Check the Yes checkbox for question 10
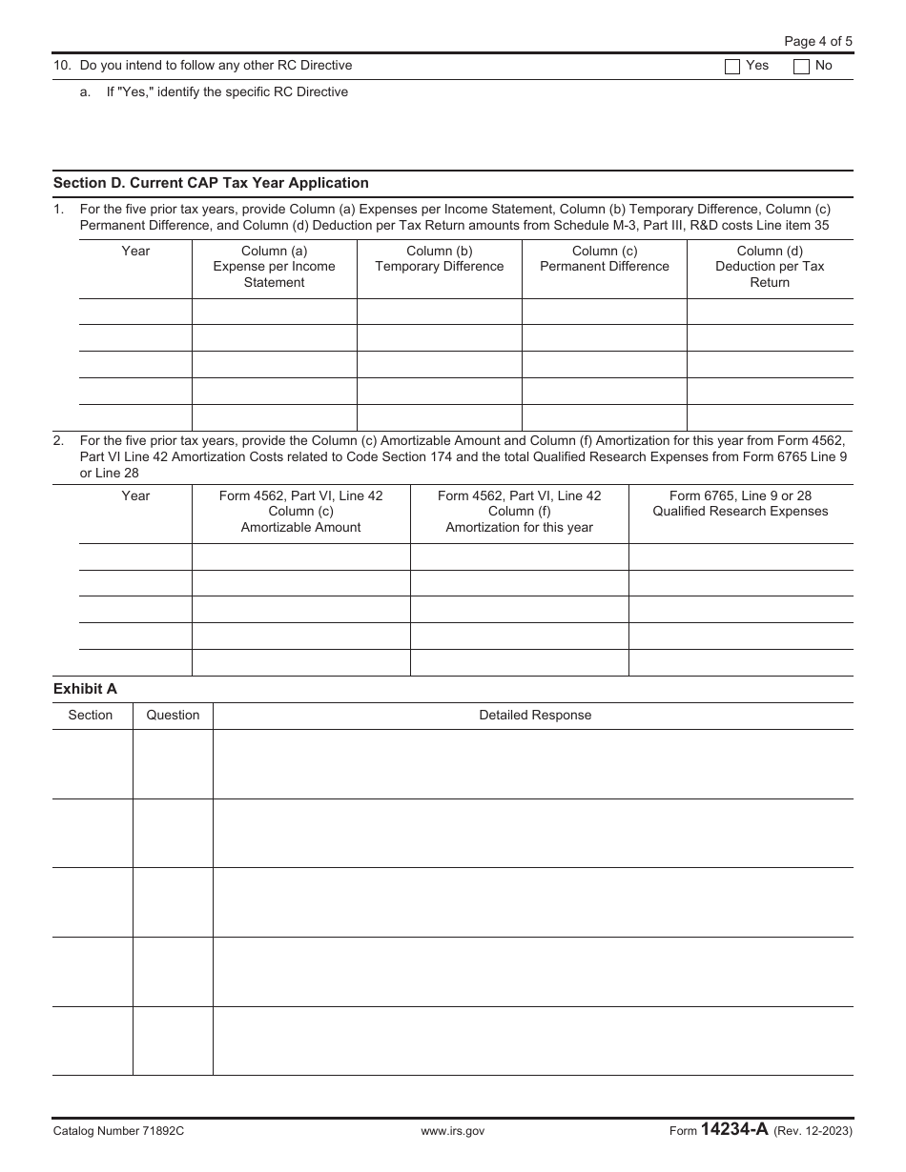click(732, 67)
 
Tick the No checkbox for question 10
click(801, 67)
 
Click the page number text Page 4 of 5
click(817, 41)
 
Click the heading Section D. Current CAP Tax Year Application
click(211, 183)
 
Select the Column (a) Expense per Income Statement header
click(274, 267)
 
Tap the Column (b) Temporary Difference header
click(439, 259)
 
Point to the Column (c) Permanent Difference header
click(605, 259)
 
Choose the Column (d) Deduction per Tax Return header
click(770, 267)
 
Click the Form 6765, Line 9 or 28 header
click(740, 503)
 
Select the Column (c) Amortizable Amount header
click(300, 512)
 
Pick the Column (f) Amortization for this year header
click(519, 512)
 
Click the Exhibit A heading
click(85, 689)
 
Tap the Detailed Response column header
click(534, 716)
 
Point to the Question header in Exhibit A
click(173, 716)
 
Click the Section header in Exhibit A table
click(91, 716)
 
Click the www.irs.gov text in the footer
click(453, 1131)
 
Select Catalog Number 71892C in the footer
click(118, 1131)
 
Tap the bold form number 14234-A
click(734, 1130)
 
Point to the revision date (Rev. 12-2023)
click(813, 1131)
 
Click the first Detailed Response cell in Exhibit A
click(532, 764)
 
